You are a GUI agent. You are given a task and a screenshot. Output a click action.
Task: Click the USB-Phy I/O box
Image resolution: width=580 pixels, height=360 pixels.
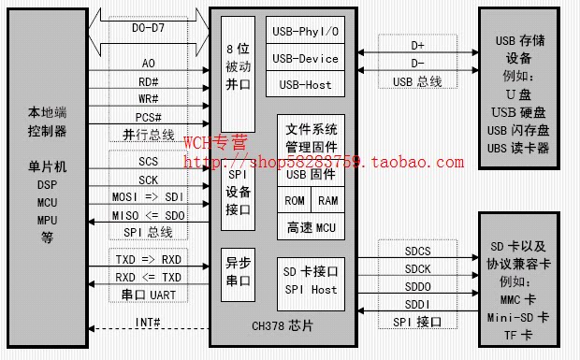pos(304,31)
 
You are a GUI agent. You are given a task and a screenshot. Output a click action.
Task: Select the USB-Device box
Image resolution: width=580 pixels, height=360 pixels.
pos(304,58)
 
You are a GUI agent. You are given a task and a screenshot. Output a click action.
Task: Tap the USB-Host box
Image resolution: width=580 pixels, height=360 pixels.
pos(304,85)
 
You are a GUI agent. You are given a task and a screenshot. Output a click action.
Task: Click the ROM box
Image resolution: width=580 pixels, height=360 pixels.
pos(295,200)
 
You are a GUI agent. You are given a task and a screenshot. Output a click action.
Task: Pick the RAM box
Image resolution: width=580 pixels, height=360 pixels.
pos(327,200)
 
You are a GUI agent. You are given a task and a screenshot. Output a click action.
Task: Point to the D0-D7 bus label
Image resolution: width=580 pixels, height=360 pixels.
pos(149,28)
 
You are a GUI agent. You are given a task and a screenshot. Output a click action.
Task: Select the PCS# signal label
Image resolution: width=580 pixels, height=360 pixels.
pos(149,117)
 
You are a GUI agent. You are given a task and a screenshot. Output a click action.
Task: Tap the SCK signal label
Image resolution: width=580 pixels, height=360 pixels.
pos(148,180)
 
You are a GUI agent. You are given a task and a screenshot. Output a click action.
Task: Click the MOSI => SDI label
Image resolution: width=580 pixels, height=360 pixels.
pos(149,198)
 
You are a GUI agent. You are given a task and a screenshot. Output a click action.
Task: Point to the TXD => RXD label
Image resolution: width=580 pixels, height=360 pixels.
pos(149,258)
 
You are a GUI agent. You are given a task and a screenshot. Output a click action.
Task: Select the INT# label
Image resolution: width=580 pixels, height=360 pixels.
pos(149,323)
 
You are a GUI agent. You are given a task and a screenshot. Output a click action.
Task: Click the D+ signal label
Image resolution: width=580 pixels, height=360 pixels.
pos(417,45)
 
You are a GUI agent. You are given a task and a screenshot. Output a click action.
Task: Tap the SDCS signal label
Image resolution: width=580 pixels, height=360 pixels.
pos(417,252)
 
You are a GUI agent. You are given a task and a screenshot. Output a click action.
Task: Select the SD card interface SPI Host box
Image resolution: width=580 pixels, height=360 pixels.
pos(311,280)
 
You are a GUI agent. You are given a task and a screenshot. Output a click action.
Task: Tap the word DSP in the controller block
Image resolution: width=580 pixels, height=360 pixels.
pos(48,184)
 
